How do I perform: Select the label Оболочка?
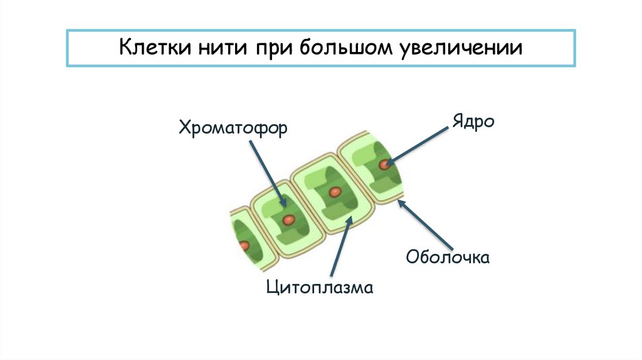click(x=448, y=257)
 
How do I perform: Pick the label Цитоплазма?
click(x=320, y=288)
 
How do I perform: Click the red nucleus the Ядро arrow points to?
click(x=383, y=164)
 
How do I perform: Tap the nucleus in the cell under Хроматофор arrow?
click(x=288, y=220)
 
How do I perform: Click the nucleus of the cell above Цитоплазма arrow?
click(x=335, y=191)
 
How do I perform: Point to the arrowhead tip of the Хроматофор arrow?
click(x=284, y=207)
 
